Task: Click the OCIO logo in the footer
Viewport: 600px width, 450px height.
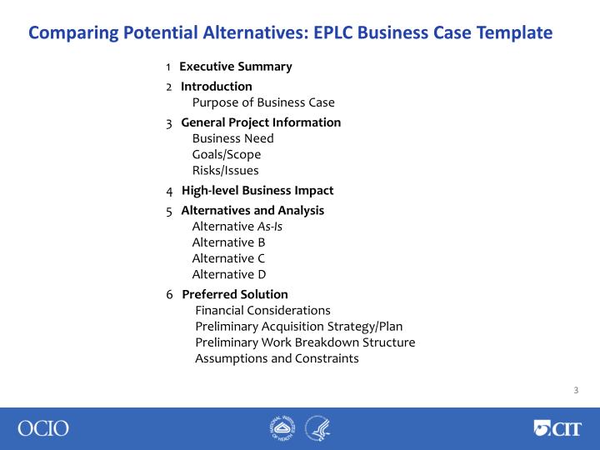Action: point(43,428)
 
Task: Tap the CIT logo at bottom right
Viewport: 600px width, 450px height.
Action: point(558,428)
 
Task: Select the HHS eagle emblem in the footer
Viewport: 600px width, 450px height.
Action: point(317,428)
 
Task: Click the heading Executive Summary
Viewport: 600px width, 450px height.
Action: point(236,67)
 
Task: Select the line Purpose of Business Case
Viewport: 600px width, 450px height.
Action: point(263,102)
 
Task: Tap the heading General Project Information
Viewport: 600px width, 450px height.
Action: point(261,122)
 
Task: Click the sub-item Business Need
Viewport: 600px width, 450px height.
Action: point(232,138)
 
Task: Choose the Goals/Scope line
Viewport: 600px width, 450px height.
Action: point(227,154)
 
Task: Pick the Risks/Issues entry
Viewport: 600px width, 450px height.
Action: point(225,171)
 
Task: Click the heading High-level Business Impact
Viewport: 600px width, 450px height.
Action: point(257,191)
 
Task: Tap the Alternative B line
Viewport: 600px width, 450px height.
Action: point(228,242)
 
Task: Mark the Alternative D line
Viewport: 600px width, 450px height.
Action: point(229,274)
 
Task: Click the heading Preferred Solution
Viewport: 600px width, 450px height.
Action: point(235,294)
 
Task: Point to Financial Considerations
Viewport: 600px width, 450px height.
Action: point(262,310)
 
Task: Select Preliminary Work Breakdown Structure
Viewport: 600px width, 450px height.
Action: point(305,342)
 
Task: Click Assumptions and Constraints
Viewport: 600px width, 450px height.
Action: point(277,358)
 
